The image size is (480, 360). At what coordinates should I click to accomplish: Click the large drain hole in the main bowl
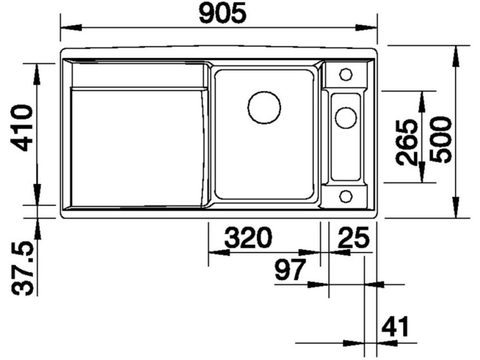[264, 107]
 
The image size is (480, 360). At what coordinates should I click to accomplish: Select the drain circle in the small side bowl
[345, 117]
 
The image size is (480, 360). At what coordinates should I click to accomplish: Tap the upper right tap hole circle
[346, 74]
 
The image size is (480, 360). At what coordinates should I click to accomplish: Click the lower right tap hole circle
[346, 195]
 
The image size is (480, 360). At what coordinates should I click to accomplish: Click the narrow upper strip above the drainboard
[137, 75]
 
